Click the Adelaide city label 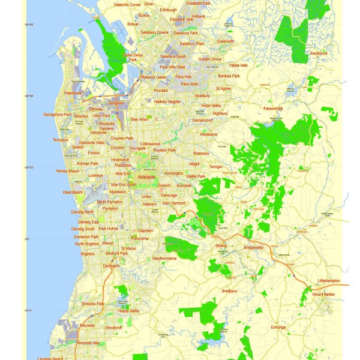pyautogui.click(x=147, y=178)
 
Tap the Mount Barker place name pyautogui.click(x=323, y=294)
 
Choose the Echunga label pyautogui.click(x=278, y=327)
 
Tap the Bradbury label pyautogui.click(x=230, y=291)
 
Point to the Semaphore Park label pyautogui.click(x=58, y=115)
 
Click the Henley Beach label pyautogui.click(x=67, y=171)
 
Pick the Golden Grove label pyautogui.click(x=209, y=59)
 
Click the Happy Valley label pyautogui.click(x=128, y=311)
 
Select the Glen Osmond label pyautogui.click(x=174, y=203)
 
